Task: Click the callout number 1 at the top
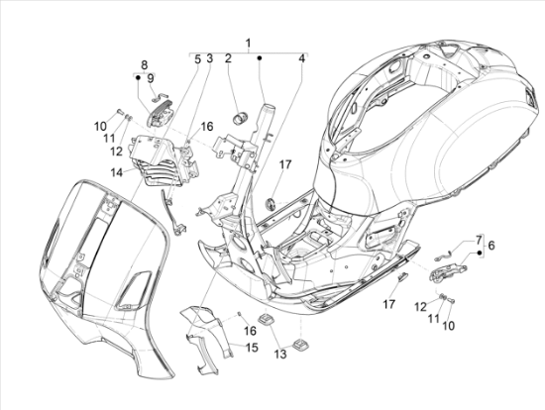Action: click(248, 44)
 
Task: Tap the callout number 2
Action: click(228, 58)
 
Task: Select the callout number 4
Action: click(302, 58)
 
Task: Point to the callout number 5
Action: click(197, 59)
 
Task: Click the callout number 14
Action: click(117, 172)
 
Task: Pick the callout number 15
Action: click(252, 347)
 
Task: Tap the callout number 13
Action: click(280, 354)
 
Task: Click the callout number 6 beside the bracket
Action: click(491, 246)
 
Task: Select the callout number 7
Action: click(479, 240)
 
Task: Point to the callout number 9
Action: click(151, 78)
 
